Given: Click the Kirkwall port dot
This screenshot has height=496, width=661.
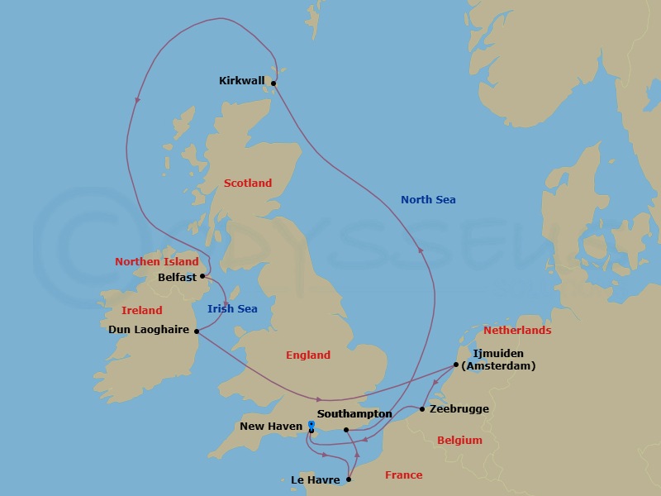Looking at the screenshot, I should pyautogui.click(x=273, y=83).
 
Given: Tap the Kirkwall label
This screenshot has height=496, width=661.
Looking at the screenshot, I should pyautogui.click(x=242, y=81).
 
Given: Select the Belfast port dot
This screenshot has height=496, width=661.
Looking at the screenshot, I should pyautogui.click(x=202, y=277).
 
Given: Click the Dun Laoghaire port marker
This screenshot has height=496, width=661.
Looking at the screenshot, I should pyautogui.click(x=197, y=331).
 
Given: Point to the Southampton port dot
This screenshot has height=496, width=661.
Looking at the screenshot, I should pyautogui.click(x=345, y=429).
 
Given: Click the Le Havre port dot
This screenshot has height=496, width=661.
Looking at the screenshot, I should pyautogui.click(x=350, y=479).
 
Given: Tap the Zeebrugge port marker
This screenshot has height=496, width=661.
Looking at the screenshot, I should pyautogui.click(x=422, y=409).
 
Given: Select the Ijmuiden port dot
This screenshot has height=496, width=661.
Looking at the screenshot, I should pyautogui.click(x=455, y=364).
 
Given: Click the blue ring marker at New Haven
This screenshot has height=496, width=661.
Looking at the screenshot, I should pyautogui.click(x=311, y=425).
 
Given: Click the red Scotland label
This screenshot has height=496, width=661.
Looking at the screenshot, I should pyautogui.click(x=248, y=184).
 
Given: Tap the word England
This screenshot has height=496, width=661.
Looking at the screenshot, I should pyautogui.click(x=308, y=355).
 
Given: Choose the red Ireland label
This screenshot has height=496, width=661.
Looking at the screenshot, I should pyautogui.click(x=142, y=311).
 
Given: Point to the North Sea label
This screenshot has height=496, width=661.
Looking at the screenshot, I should pyautogui.click(x=428, y=200).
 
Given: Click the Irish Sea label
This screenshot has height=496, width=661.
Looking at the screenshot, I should pyautogui.click(x=231, y=309).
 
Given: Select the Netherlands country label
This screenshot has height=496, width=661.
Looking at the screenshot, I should pyautogui.click(x=517, y=331).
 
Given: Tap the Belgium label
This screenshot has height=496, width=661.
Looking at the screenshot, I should pyautogui.click(x=459, y=441).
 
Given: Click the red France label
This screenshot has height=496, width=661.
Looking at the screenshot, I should pyautogui.click(x=404, y=475).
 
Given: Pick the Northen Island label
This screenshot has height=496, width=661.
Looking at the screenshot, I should pyautogui.click(x=157, y=262).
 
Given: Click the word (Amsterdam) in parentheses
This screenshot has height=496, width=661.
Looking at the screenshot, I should pyautogui.click(x=498, y=365).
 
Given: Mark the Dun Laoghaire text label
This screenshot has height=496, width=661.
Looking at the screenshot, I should pyautogui.click(x=150, y=329).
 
